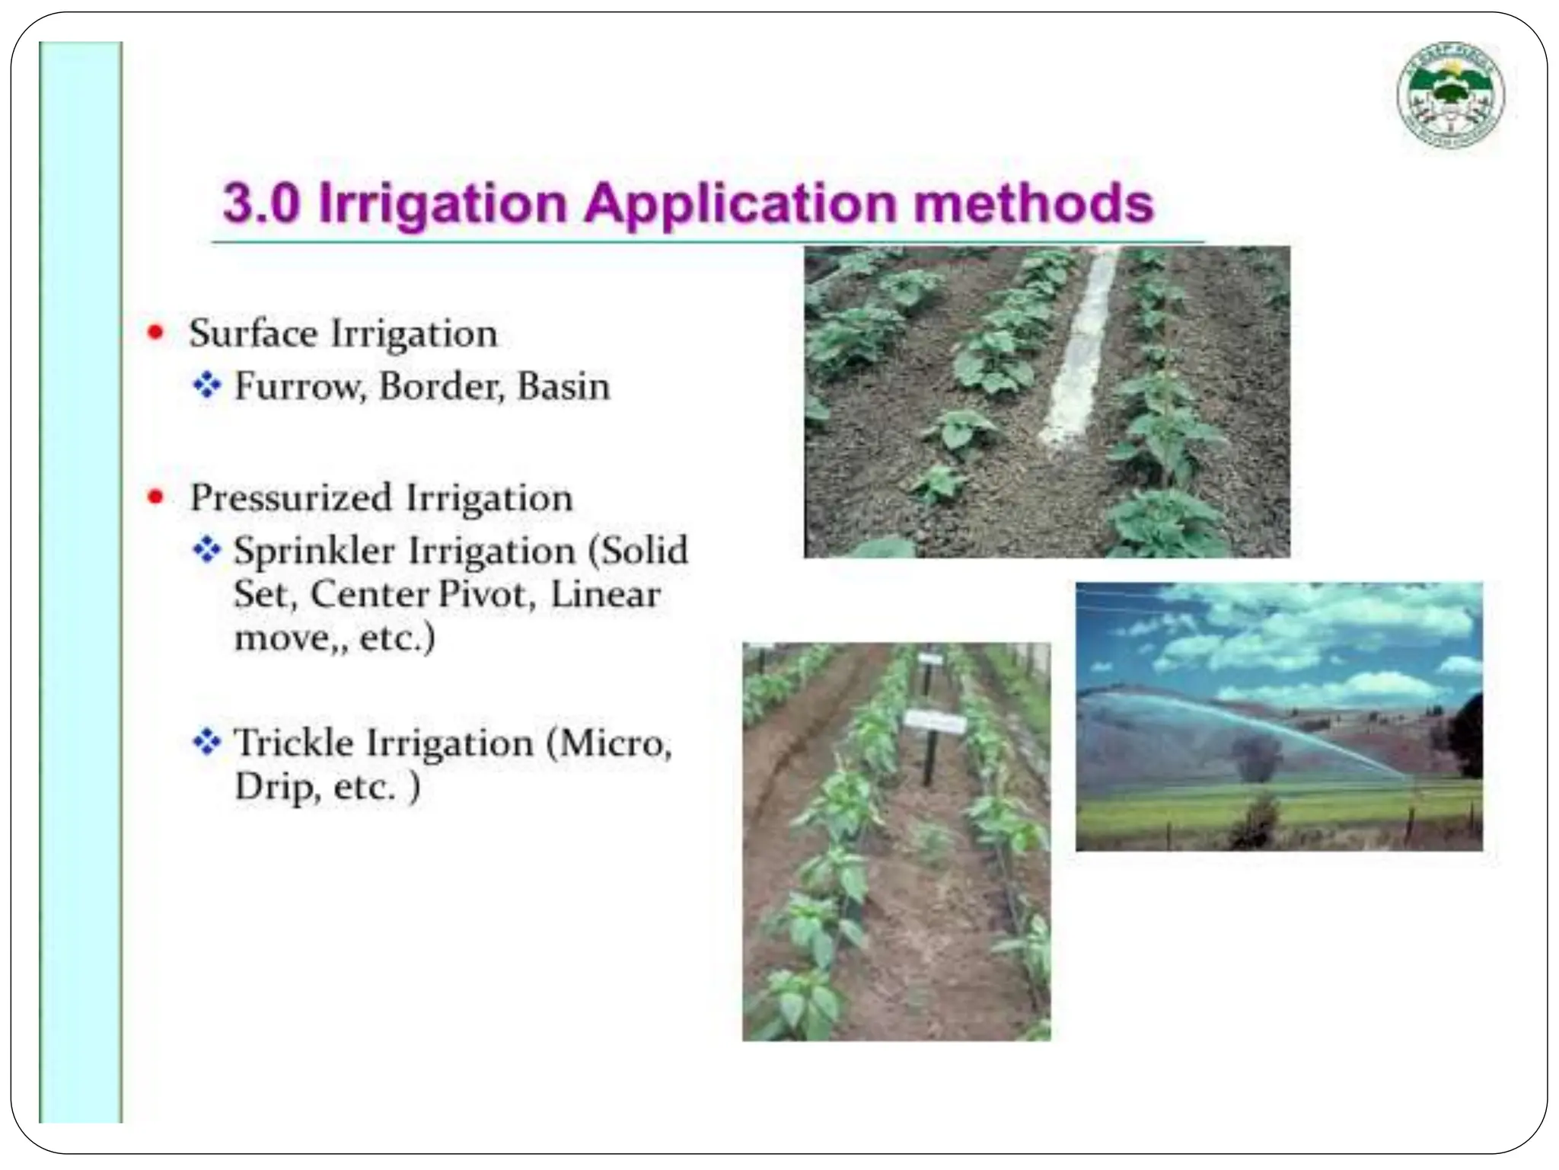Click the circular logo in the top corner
(1450, 94)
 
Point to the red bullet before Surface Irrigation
(156, 332)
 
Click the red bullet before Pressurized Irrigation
(156, 497)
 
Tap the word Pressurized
(290, 498)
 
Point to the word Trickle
(293, 743)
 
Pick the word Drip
(273, 787)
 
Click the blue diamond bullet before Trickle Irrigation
(206, 741)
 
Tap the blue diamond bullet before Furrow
(206, 385)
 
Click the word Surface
(253, 334)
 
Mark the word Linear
(605, 594)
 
